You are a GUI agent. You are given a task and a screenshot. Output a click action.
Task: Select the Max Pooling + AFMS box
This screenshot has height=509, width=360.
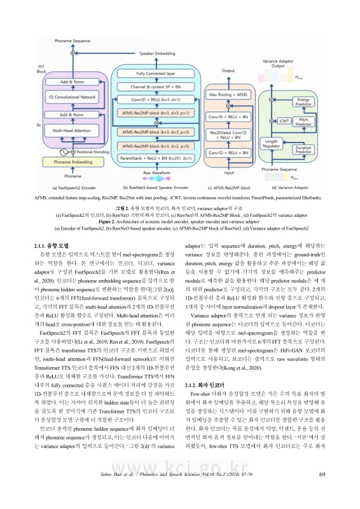(x=228, y=94)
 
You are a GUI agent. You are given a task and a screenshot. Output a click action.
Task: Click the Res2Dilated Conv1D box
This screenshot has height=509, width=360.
(x=228, y=134)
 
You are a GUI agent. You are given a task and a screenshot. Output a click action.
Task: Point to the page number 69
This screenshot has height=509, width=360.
(x=322, y=491)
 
